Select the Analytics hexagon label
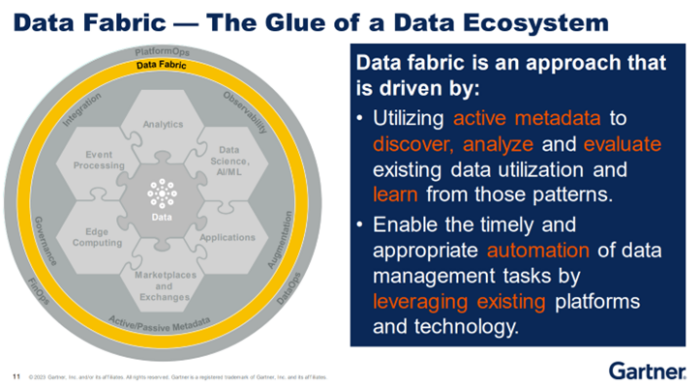[162, 124]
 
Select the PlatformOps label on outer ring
[162, 51]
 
